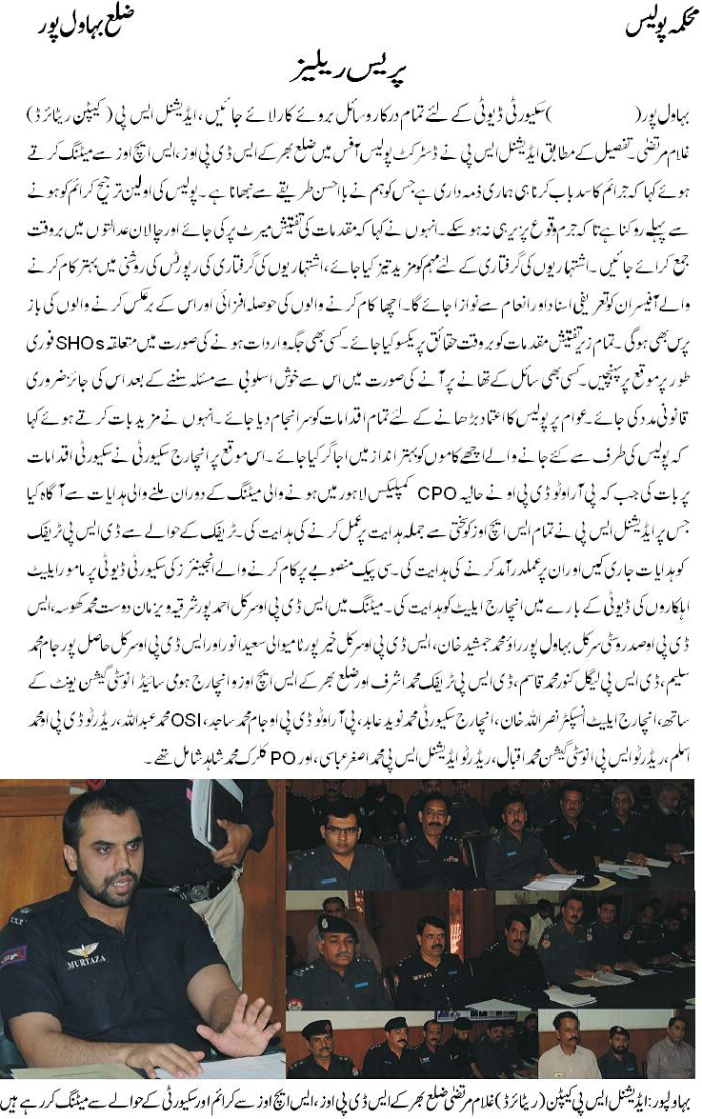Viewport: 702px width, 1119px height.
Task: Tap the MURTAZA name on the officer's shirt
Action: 87,963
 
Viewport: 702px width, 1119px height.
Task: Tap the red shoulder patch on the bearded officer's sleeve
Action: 13,955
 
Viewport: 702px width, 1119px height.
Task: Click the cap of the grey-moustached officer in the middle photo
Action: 338,926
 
